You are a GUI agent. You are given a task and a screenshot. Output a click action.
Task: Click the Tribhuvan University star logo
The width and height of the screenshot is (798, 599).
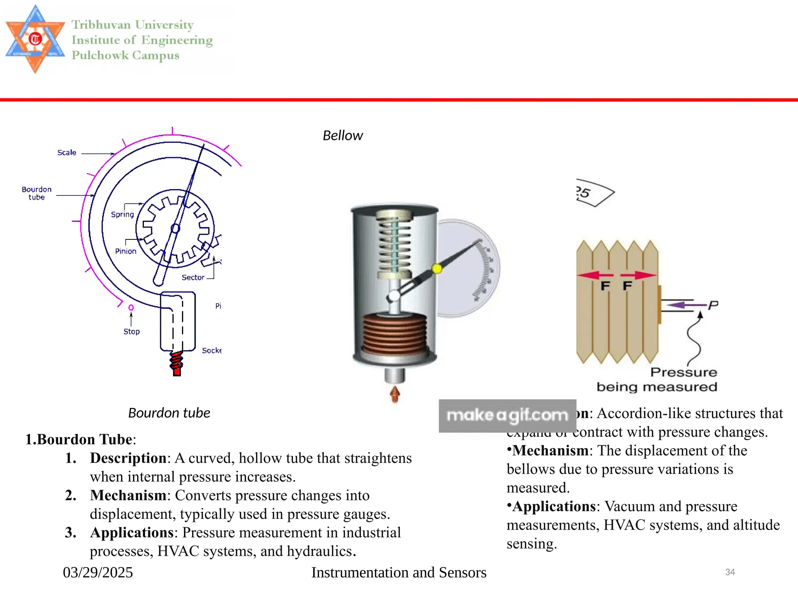35,39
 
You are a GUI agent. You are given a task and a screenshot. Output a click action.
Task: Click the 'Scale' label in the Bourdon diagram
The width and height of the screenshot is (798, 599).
67,152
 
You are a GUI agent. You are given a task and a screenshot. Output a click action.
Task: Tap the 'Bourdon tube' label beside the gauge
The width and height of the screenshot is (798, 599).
37,193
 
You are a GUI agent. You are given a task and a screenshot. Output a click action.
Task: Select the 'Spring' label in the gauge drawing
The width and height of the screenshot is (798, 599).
122,214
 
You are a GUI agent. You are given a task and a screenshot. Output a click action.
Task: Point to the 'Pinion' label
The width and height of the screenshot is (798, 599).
125,251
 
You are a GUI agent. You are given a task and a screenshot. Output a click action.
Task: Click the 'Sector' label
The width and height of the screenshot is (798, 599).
193,277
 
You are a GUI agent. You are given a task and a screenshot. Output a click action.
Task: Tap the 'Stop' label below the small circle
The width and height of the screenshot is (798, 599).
131,331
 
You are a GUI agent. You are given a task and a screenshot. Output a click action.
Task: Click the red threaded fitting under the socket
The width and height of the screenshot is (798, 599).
177,363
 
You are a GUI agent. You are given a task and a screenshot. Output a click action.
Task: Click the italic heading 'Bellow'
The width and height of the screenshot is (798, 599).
343,136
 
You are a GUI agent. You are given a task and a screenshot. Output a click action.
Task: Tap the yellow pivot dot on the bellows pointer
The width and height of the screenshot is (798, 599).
437,268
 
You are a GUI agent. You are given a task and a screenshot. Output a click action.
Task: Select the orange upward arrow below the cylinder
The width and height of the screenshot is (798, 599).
395,394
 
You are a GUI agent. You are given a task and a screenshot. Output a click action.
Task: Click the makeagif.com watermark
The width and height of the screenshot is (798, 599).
507,416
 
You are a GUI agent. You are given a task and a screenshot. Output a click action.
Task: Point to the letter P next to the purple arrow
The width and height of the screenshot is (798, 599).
713,305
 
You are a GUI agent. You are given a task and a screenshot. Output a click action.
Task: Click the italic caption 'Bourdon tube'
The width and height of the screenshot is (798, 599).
169,413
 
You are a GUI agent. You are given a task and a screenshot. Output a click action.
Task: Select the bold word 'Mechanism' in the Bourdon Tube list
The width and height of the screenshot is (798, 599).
128,495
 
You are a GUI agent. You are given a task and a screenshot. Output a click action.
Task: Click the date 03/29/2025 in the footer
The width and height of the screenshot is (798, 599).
98,572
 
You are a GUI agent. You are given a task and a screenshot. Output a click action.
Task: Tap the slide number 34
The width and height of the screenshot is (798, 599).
730,572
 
